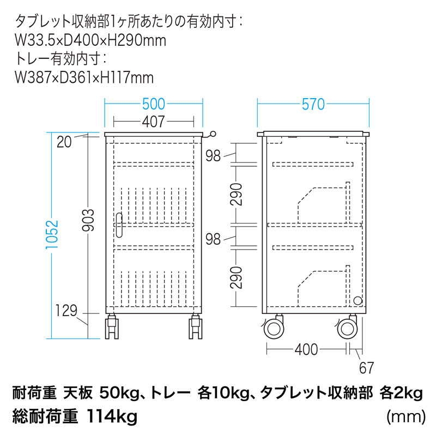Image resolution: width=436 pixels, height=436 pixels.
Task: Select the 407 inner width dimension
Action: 154,121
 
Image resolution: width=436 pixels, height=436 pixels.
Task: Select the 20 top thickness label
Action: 64,143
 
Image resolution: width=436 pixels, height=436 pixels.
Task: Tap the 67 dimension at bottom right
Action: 367,368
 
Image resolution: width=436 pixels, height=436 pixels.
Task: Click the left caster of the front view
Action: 112,326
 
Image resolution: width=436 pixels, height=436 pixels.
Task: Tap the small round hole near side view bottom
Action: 357,300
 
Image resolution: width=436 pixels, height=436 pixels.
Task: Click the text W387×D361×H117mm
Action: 84,77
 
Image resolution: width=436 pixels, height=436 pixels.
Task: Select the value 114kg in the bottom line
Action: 111,417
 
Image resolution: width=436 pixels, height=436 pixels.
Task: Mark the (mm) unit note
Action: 405,417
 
